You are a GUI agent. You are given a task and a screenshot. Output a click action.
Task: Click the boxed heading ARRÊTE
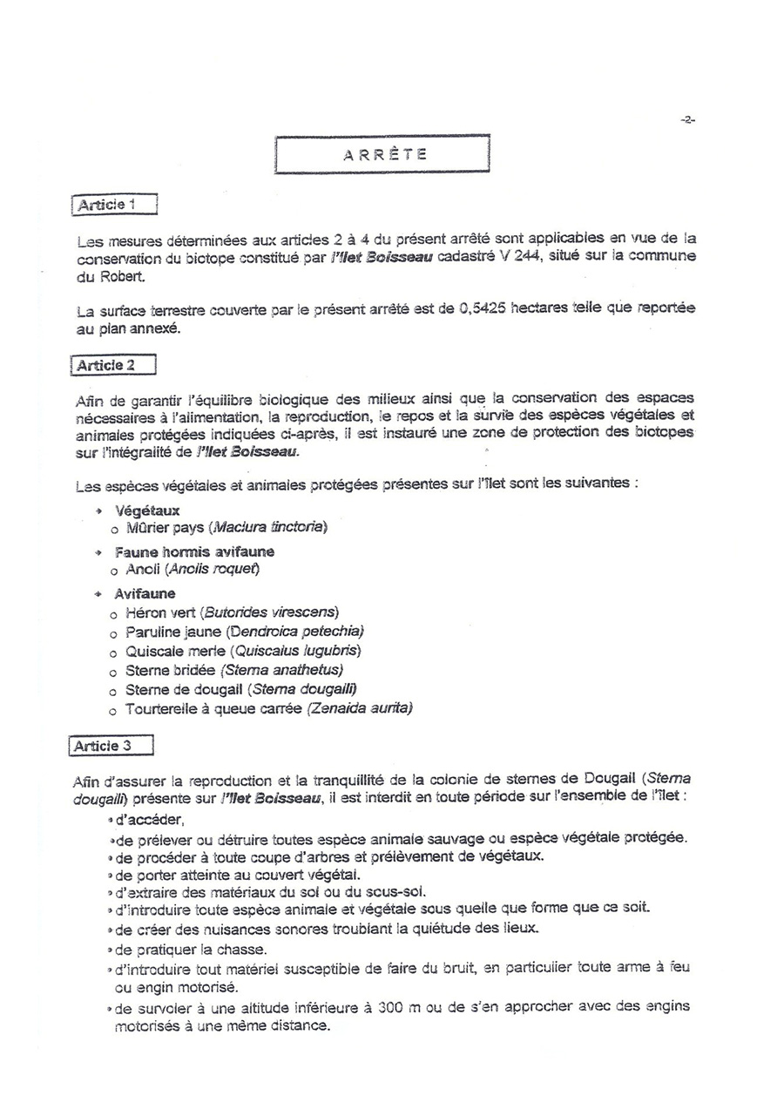pyautogui.click(x=383, y=154)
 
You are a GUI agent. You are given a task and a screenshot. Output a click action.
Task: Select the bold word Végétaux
pyautogui.click(x=147, y=511)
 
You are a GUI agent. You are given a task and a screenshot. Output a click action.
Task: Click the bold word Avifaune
pyautogui.click(x=145, y=594)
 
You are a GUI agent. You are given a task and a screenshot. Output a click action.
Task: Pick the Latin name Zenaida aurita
pyautogui.click(x=361, y=709)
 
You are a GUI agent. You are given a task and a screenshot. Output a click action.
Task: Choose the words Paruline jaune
pyautogui.click(x=173, y=632)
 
